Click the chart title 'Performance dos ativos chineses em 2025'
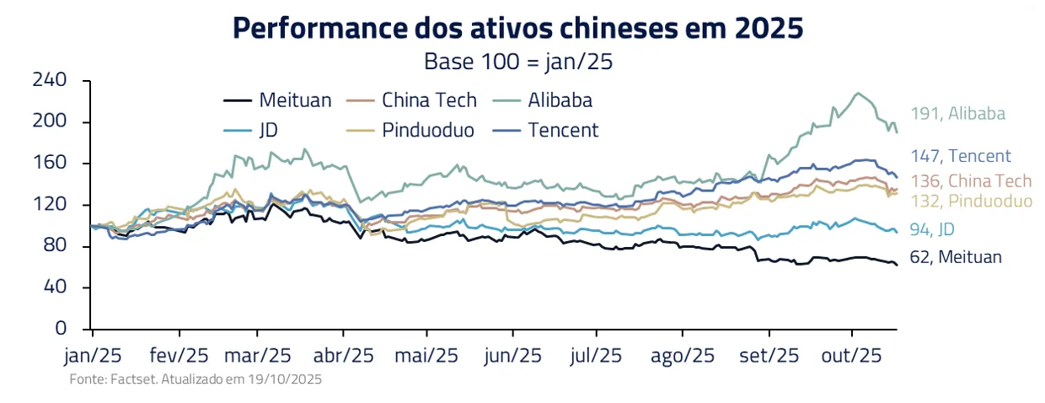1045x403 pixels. click(517, 29)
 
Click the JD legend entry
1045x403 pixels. click(254, 130)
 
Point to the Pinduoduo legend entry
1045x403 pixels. click(414, 130)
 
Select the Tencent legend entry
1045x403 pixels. click(548, 130)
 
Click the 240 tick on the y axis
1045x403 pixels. click(50, 80)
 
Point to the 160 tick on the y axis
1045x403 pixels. click(50, 163)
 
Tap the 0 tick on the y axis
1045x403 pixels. click(61, 328)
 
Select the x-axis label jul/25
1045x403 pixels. click(596, 356)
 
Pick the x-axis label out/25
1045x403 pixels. click(851, 356)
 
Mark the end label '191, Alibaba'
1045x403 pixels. click(957, 114)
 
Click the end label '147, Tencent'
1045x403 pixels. click(960, 156)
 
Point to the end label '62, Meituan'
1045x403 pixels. click(956, 257)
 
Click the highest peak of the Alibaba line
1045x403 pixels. click(858, 93)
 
